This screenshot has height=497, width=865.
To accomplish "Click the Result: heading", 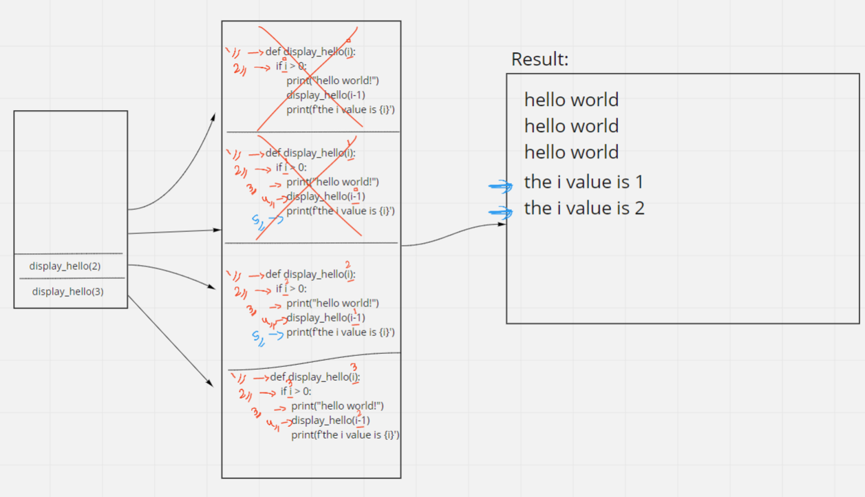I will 540,60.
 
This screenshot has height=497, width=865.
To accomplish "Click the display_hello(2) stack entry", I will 65,266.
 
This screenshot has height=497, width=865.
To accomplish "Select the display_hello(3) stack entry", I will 67,291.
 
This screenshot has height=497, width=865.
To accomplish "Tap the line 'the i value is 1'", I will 584,182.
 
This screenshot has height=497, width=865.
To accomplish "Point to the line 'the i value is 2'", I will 584,208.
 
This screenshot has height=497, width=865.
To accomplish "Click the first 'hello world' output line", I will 571,100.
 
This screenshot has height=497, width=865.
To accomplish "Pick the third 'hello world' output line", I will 571,152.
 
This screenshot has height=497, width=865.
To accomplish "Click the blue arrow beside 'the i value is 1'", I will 501,185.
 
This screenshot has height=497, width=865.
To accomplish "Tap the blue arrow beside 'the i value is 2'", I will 501,212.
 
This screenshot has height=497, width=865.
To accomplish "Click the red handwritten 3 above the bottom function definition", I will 354,366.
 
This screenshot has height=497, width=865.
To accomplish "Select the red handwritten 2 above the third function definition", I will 349,265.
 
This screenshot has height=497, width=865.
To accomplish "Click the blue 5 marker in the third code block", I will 257,338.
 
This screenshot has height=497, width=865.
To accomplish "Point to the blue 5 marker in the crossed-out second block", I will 257,222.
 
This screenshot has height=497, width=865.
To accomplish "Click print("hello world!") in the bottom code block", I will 337,405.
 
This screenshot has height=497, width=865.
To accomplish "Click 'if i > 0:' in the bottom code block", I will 296,391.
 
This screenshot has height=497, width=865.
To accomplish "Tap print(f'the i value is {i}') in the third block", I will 341,332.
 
